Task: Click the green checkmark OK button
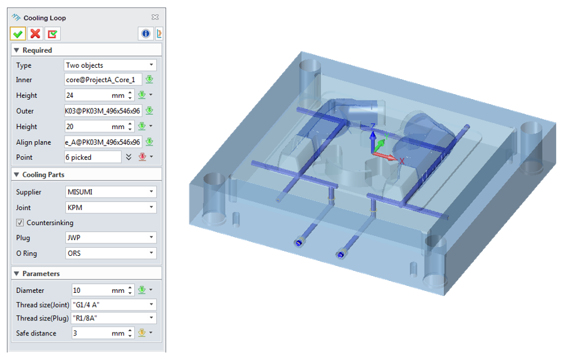[x=18, y=34]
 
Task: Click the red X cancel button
[x=35, y=34]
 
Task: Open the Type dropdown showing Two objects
[x=110, y=65]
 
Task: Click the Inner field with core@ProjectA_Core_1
[x=103, y=80]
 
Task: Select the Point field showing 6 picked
[x=93, y=157]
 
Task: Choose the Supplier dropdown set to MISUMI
[x=110, y=192]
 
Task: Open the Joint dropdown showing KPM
[x=110, y=208]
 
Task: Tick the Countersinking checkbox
[x=20, y=223]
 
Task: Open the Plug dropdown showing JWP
[x=110, y=238]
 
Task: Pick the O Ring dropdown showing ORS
[x=110, y=253]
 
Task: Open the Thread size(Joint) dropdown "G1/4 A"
[x=110, y=305]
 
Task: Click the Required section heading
[x=37, y=50]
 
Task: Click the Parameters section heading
[x=41, y=273]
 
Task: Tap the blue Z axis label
[x=372, y=127]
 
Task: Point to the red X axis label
[x=402, y=161]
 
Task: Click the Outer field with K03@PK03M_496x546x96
[x=103, y=111]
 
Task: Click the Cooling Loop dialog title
[x=45, y=18]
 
